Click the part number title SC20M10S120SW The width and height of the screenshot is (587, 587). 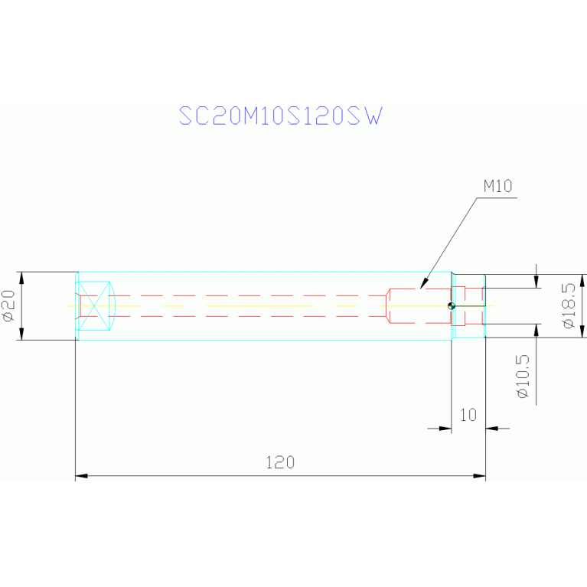pos(281,116)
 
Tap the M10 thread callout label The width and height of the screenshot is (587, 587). pos(497,186)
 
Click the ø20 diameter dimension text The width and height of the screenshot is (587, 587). pos(9,306)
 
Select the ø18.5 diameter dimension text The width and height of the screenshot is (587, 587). pos(569,305)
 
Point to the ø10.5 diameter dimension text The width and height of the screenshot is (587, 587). pos(523,377)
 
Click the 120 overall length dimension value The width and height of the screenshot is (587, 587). pos(280,463)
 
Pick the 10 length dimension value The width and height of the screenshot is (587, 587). pos(468,415)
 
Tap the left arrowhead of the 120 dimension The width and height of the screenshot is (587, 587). pos(82,476)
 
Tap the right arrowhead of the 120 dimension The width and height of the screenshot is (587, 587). pos(479,476)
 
